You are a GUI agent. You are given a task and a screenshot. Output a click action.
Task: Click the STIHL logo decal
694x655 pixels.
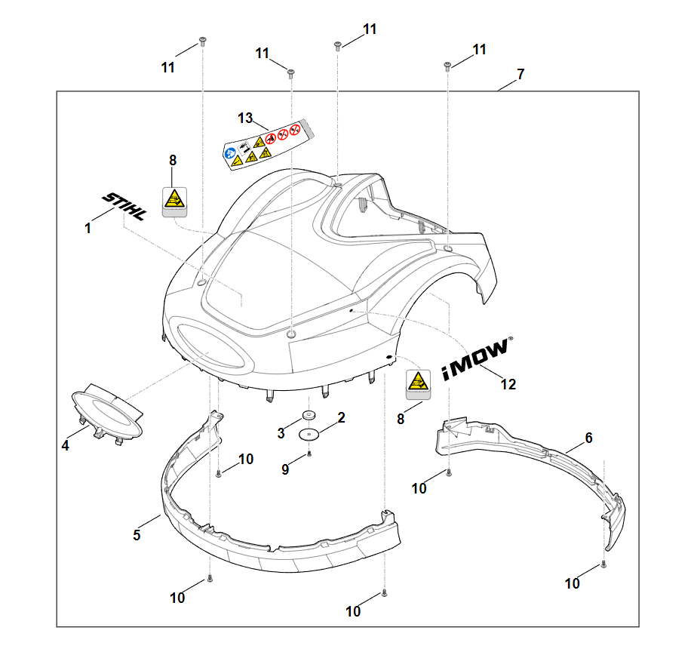click(125, 205)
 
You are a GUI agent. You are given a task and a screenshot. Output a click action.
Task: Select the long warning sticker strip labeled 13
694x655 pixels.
click(268, 143)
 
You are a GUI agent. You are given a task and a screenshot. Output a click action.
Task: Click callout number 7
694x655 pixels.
click(520, 75)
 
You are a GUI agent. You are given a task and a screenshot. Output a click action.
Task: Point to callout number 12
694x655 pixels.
click(508, 384)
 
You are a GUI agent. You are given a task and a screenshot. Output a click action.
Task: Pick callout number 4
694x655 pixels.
click(66, 445)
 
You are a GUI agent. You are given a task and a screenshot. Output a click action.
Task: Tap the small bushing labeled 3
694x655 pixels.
click(309, 416)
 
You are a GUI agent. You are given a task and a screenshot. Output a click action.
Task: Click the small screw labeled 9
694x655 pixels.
click(309, 454)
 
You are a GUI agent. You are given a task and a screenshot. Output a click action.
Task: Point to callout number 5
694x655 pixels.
click(137, 535)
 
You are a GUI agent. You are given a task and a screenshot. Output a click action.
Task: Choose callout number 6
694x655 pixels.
click(588, 438)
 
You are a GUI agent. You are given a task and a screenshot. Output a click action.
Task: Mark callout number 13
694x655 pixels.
click(244, 118)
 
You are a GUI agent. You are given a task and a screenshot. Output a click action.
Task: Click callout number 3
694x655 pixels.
click(281, 432)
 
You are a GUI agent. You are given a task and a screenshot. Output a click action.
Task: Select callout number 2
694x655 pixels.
click(341, 417)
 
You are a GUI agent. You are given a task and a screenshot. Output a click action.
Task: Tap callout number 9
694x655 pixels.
click(285, 469)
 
